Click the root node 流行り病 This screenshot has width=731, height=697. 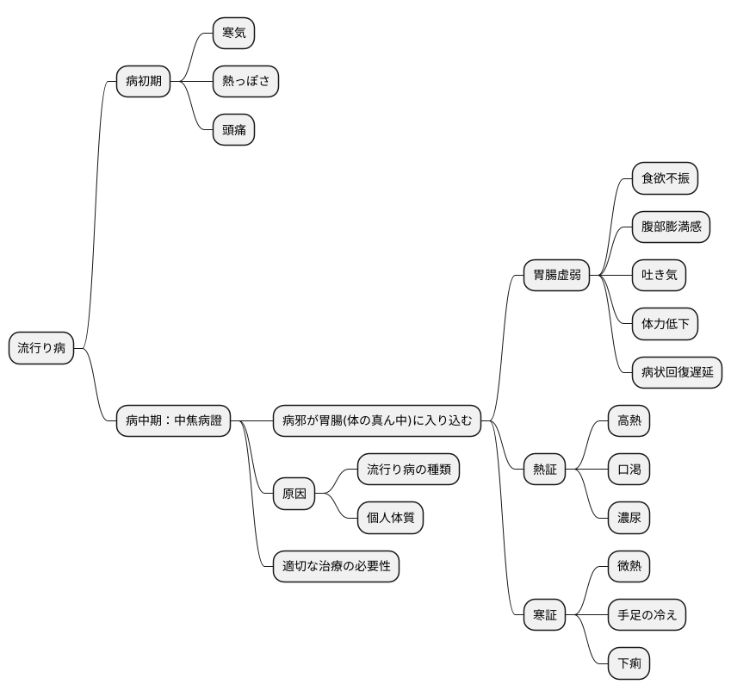click(x=41, y=348)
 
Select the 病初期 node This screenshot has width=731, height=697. click(x=144, y=81)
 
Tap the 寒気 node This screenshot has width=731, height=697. click(x=233, y=33)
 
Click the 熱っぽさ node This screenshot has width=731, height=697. click(x=245, y=81)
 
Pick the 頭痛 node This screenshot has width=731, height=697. click(x=233, y=130)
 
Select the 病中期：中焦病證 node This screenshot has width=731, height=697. click(x=173, y=420)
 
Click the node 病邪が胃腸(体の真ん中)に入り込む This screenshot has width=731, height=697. click(x=376, y=420)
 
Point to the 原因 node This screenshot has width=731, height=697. click(x=294, y=494)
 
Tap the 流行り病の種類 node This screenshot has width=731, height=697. click(x=408, y=470)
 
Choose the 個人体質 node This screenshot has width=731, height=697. click(x=390, y=518)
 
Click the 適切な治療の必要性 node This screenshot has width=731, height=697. click(x=336, y=566)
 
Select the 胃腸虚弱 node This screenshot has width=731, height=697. click(x=556, y=275)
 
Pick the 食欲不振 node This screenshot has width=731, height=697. click(x=665, y=178)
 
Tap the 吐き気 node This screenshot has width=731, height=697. click(x=659, y=275)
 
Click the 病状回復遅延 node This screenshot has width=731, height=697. click(x=677, y=372)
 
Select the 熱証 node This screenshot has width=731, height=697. click(x=544, y=470)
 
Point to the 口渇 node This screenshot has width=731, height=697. click(x=629, y=470)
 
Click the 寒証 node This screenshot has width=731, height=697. click(x=544, y=615)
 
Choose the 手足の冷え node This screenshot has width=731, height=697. click(x=647, y=615)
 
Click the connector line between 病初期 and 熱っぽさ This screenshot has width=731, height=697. click(x=192, y=81)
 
